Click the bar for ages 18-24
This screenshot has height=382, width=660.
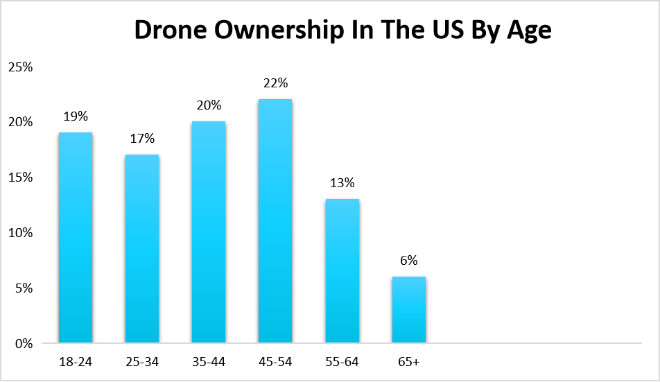click(76, 237)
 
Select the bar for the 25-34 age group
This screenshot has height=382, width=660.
click(142, 248)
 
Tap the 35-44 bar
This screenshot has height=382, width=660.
click(209, 232)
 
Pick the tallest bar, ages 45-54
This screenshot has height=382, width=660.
click(275, 220)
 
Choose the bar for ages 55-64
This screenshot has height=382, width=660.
click(342, 270)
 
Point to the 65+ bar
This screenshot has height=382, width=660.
click(409, 309)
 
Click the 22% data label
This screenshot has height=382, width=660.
click(275, 84)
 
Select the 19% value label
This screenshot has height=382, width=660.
click(75, 117)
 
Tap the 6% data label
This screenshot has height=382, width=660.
click(409, 261)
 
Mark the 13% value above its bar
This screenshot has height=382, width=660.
click(342, 184)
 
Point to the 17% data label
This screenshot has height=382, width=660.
click(142, 139)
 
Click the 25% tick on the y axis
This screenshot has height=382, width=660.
click(21, 67)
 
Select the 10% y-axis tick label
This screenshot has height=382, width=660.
click(21, 233)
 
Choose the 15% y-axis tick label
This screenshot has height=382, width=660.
click(21, 177)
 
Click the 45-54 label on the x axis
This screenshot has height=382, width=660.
click(275, 362)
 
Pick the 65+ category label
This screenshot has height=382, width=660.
click(409, 362)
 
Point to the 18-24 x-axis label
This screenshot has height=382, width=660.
click(75, 362)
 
